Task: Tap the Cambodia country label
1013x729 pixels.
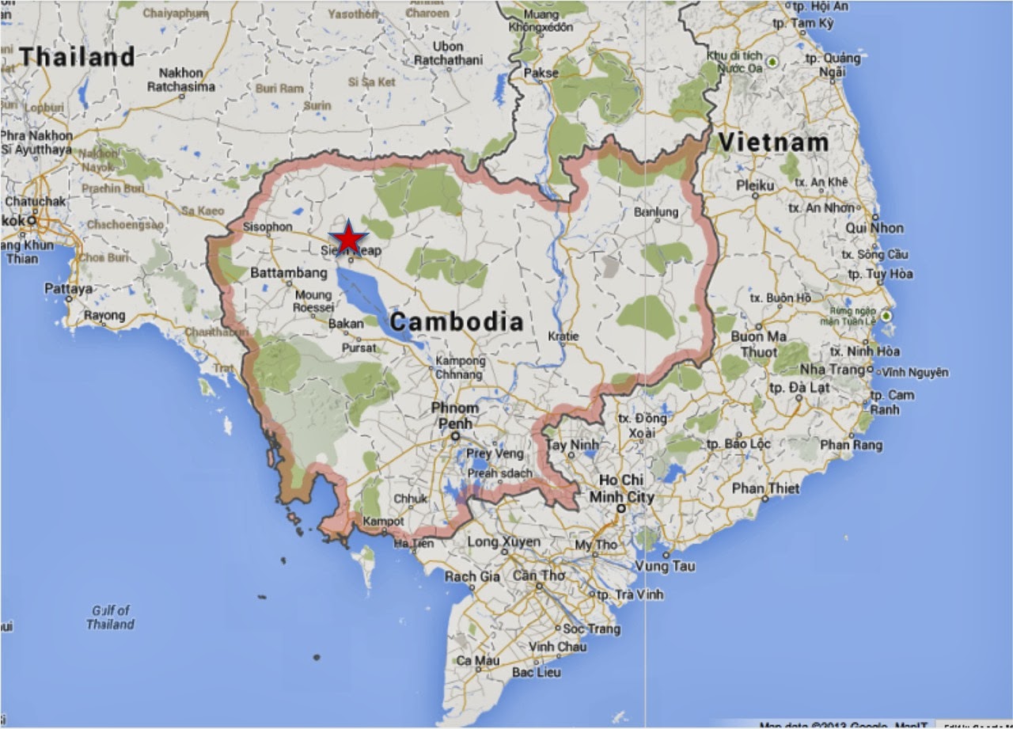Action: tap(457, 322)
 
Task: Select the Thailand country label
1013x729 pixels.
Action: tap(78, 57)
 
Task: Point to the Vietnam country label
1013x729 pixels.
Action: tap(774, 143)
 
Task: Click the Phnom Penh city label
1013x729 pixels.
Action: tap(454, 416)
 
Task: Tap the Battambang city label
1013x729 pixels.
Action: tap(288, 272)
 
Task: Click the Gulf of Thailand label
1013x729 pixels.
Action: tap(111, 617)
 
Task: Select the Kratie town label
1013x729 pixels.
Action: tap(563, 336)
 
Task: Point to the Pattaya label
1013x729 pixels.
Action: tap(68, 289)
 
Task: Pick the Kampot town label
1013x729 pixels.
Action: tap(383, 522)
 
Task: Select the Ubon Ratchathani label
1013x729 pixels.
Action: tap(449, 53)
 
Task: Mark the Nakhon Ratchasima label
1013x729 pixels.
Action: tap(180, 79)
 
